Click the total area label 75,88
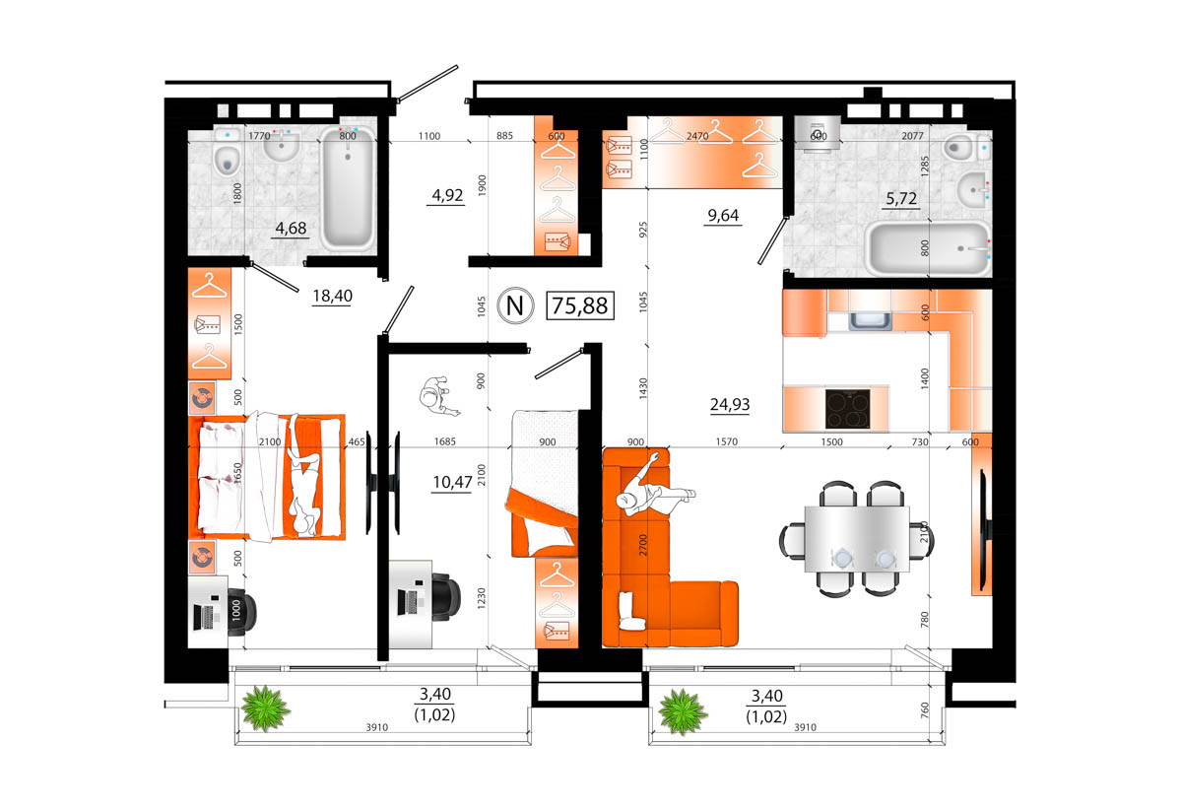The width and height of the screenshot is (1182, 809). [580, 305]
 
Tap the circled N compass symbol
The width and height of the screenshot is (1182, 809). [513, 305]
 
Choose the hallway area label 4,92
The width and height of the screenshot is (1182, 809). [446, 195]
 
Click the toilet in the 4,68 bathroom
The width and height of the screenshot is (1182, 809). [227, 156]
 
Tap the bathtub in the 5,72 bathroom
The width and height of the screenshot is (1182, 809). [926, 248]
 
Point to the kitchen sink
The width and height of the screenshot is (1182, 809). [870, 319]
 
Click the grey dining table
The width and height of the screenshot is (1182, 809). [854, 538]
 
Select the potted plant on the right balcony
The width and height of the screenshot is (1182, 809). [683, 710]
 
